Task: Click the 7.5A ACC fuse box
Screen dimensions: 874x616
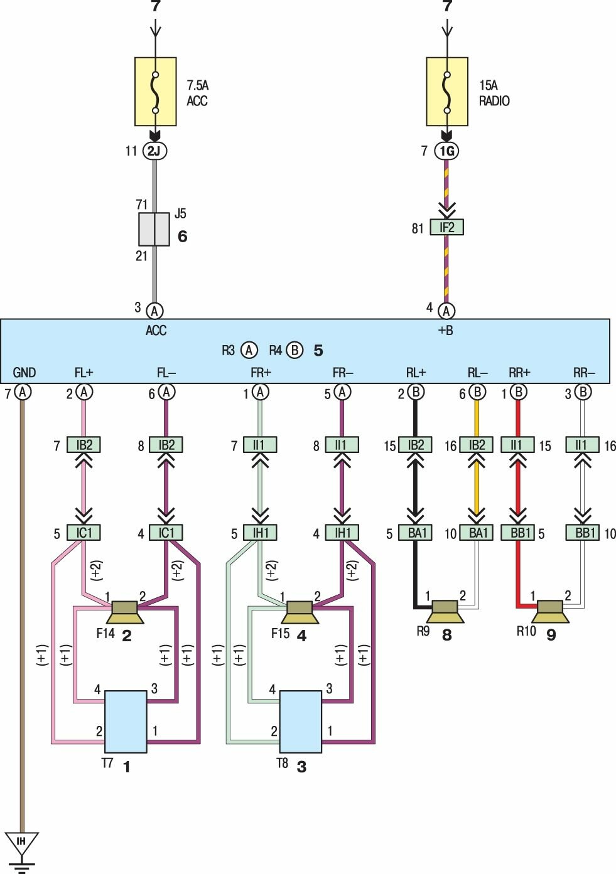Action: click(155, 92)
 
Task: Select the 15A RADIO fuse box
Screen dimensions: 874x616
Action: click(446, 92)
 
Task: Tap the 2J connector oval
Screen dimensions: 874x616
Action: click(154, 151)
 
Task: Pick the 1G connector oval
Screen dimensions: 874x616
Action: click(446, 151)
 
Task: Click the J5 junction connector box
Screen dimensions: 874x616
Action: click(154, 229)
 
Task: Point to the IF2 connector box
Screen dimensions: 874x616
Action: click(446, 227)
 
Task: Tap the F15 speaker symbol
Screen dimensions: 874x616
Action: click(300, 612)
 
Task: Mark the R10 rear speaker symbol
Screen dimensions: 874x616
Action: click(550, 611)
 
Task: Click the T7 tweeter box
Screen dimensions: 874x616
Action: click(126, 722)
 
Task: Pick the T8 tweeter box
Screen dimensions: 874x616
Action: click(300, 722)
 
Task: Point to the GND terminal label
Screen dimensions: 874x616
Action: click(24, 373)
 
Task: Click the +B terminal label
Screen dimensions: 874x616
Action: click(445, 330)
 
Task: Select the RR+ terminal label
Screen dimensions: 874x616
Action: click(519, 373)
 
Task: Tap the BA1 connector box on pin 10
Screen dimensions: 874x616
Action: click(478, 533)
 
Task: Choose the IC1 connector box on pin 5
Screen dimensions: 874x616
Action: click(84, 533)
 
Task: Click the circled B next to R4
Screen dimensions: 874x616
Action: click(294, 350)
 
